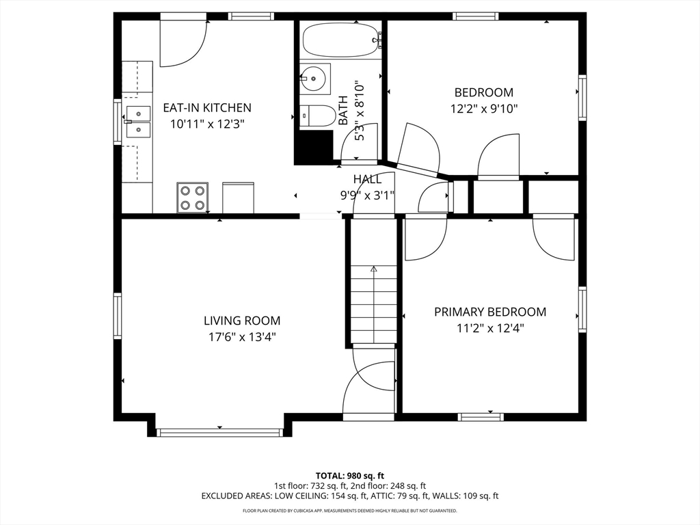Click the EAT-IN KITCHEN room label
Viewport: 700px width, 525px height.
pyautogui.click(x=206, y=107)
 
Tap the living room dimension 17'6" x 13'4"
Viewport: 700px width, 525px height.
pyautogui.click(x=241, y=336)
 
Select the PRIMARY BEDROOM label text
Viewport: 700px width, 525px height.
pyautogui.click(x=490, y=312)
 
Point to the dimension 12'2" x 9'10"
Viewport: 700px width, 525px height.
pyautogui.click(x=483, y=108)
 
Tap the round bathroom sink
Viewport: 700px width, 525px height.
pyautogui.click(x=314, y=79)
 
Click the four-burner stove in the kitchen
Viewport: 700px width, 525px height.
pyautogui.click(x=192, y=197)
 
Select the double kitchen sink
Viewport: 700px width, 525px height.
pyautogui.click(x=138, y=121)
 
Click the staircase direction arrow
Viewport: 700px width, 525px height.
pyautogui.click(x=373, y=271)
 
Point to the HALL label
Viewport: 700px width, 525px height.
pyautogui.click(x=367, y=179)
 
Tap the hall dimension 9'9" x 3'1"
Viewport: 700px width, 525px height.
pyautogui.click(x=367, y=194)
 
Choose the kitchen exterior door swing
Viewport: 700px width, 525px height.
pyautogui.click(x=183, y=42)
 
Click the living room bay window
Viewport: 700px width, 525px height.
pyautogui.click(x=219, y=432)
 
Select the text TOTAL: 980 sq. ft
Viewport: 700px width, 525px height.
pyautogui.click(x=349, y=475)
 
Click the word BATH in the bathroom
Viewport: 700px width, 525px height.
pyautogui.click(x=342, y=109)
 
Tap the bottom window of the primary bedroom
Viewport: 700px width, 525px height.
pyautogui.click(x=481, y=416)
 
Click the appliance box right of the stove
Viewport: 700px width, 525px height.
pyautogui.click(x=238, y=197)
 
